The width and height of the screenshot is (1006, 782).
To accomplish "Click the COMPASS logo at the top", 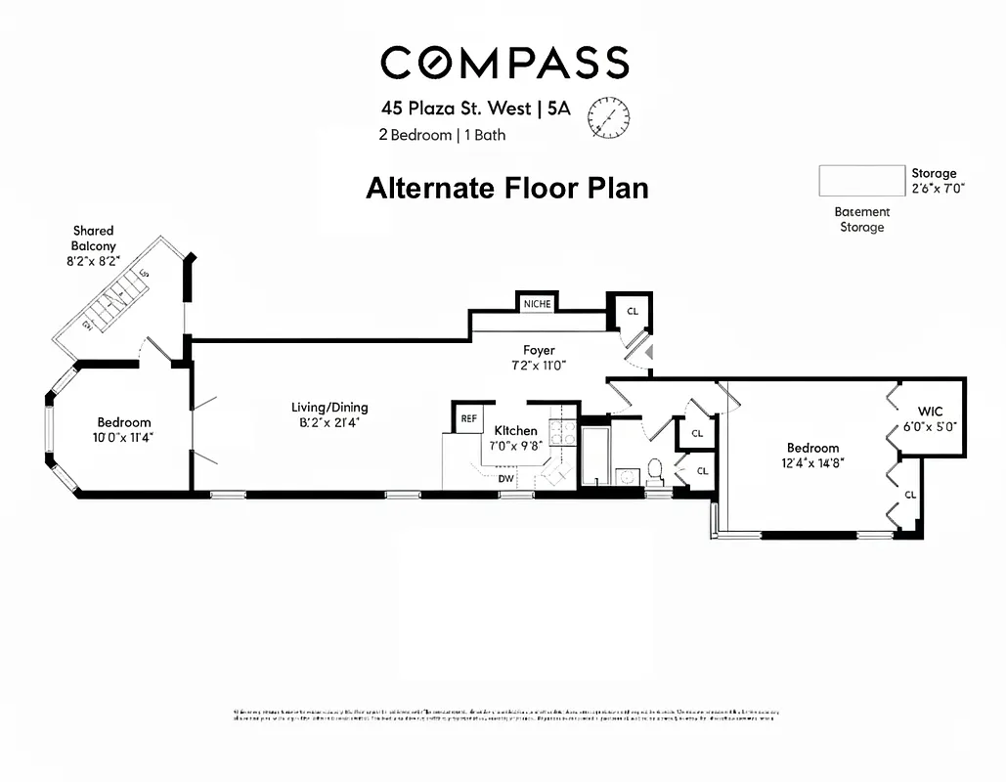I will tap(503, 64).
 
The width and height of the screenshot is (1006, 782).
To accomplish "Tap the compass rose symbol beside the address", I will tap(608, 118).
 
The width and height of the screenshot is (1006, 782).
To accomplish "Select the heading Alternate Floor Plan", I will tap(506, 188).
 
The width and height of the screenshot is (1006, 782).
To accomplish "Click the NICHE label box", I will tap(537, 303).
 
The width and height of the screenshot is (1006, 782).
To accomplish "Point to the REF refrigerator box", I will tap(469, 418).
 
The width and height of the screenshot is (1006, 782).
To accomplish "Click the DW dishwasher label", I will tap(506, 478).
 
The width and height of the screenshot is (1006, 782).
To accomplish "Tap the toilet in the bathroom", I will tap(656, 472).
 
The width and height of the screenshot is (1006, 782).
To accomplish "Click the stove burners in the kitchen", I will tap(563, 432).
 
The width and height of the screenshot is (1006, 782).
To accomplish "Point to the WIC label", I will tap(929, 411).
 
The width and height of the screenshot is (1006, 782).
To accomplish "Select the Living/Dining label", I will tap(329, 407).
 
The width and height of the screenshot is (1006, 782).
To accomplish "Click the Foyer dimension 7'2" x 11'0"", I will tap(539, 365).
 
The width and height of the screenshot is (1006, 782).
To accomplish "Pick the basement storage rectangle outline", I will tap(861, 181).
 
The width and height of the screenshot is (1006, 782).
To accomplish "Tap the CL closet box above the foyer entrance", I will tap(633, 311).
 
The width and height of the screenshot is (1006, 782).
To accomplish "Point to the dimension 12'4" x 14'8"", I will tap(812, 463).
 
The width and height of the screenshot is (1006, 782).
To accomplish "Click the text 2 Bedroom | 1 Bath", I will tap(442, 135).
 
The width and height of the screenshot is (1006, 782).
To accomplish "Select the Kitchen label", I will tap(515, 430).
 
